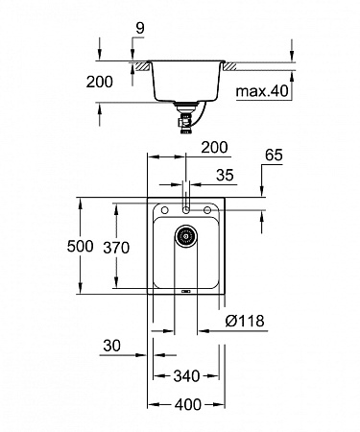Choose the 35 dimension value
[228, 177]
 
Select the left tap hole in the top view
[166, 208]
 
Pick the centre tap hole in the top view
[186, 208]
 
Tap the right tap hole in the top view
[206, 208]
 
